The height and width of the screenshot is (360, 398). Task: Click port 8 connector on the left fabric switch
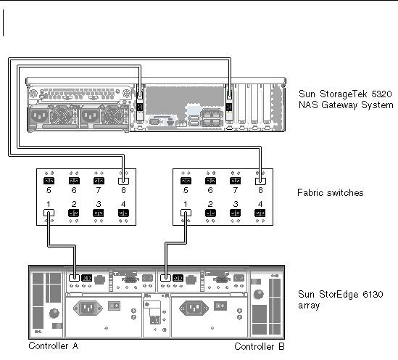[x=124, y=181]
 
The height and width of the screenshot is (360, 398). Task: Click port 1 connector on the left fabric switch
[x=49, y=213]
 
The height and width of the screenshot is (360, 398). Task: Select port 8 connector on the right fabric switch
[x=260, y=181]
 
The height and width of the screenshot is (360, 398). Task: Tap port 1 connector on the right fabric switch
[x=186, y=213]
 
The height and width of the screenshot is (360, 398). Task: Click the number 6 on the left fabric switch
[x=74, y=190]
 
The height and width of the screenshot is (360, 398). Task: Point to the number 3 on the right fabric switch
[x=236, y=204]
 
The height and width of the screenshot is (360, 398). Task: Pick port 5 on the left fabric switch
[x=49, y=181]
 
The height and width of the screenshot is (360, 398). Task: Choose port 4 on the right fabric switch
[x=260, y=213]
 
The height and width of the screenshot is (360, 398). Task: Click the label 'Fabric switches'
[x=331, y=192]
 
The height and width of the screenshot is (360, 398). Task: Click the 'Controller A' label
[x=54, y=345]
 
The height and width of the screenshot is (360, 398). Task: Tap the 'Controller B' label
[x=259, y=346]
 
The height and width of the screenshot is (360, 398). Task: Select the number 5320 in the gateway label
[x=381, y=94]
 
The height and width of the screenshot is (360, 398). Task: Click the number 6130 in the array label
[x=373, y=294]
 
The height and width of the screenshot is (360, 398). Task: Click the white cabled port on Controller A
[x=74, y=278]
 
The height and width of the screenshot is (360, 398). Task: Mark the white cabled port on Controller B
[x=165, y=278]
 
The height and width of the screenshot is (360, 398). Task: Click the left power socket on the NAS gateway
[x=40, y=116]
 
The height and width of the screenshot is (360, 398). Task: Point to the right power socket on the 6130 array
[x=194, y=308]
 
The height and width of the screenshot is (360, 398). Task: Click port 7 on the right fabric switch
[x=235, y=181]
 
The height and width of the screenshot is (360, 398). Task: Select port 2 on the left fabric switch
[x=74, y=213]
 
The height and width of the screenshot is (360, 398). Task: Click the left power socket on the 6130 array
[x=88, y=308]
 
